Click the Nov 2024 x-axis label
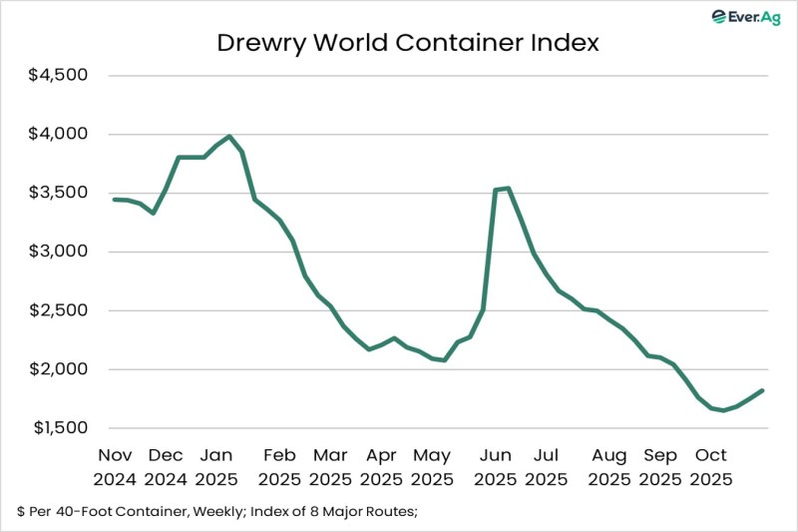coord(118,466)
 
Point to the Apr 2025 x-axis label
coord(380,466)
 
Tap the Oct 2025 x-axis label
coord(710,466)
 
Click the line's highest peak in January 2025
coord(229,137)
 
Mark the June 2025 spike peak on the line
coord(509,188)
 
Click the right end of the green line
coord(763,390)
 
